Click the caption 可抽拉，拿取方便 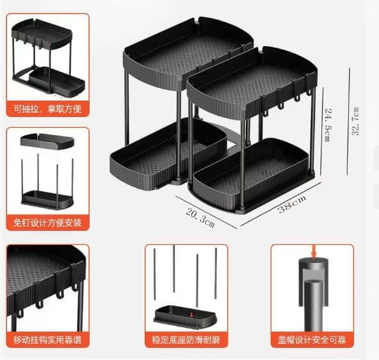point(48,108)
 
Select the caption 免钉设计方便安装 point(48,223)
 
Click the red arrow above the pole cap point(313,252)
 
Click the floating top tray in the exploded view point(47,140)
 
